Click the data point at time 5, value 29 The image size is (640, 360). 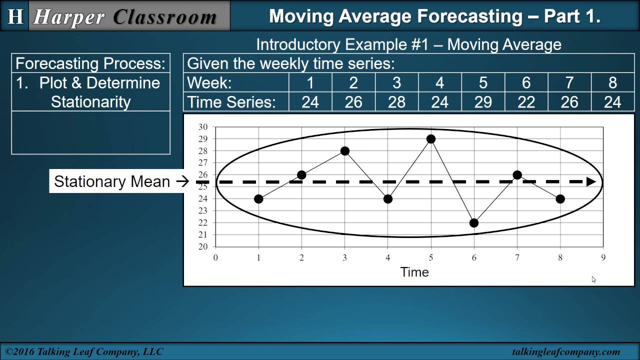[x=431, y=139]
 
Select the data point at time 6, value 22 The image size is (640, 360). [x=474, y=223]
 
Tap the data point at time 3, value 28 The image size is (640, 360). [x=344, y=151]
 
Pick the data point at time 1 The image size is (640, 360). [x=258, y=199]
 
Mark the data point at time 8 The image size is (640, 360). [x=560, y=199]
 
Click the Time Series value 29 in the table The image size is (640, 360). [x=483, y=102]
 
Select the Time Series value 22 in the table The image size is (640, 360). [x=526, y=102]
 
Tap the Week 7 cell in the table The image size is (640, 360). [x=569, y=82]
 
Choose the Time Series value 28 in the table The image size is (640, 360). [x=396, y=102]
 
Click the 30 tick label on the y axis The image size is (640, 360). [x=202, y=127]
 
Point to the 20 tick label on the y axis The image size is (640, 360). [x=202, y=247]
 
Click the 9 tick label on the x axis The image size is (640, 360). [x=603, y=258]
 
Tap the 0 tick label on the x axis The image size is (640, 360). [x=215, y=258]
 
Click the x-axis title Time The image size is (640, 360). [x=414, y=272]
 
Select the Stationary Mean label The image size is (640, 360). [x=112, y=181]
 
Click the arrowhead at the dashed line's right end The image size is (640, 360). [x=591, y=182]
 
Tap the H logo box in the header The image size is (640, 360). [x=15, y=16]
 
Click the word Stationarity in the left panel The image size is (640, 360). [x=90, y=102]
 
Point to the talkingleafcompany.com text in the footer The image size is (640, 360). [x=566, y=352]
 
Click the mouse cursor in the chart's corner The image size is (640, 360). [x=594, y=279]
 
